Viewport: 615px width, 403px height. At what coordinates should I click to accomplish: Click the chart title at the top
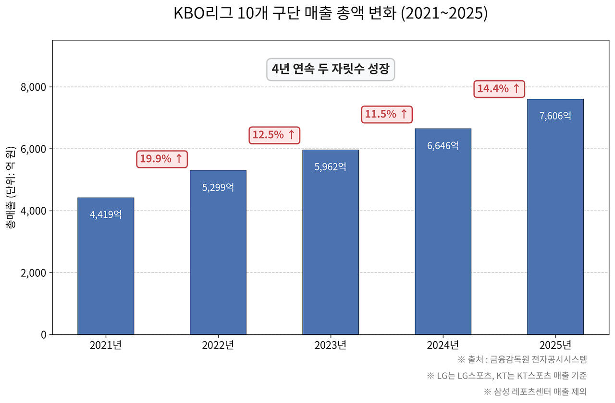coord(331,13)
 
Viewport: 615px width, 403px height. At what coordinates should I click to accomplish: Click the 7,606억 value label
coord(555,116)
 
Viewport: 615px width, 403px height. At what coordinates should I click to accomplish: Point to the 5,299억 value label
coord(218,187)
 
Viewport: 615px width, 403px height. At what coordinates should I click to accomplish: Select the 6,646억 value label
coord(443,145)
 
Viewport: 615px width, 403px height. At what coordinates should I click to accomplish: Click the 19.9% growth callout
coord(161,159)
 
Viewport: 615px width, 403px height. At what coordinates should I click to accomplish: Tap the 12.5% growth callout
coord(274,135)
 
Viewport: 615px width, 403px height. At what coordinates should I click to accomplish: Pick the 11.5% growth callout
coord(386,114)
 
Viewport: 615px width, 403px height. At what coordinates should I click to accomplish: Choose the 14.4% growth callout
coord(499,88)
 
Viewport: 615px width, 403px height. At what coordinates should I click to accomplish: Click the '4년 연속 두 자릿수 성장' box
coord(331,69)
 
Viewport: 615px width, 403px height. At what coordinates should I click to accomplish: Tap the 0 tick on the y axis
coord(43,335)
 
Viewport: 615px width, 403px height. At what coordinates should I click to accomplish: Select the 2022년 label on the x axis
coord(218,345)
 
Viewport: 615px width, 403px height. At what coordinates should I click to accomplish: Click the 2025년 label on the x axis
coord(555,345)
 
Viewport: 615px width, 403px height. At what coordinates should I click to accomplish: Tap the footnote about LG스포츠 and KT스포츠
coord(506,375)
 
